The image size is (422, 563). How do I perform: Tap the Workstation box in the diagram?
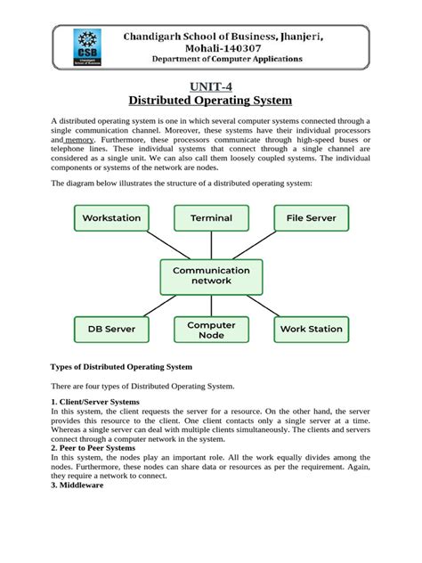[111, 217]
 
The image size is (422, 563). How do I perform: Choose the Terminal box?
[211, 217]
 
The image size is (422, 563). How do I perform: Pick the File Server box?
[312, 217]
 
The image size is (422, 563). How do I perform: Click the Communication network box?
[211, 275]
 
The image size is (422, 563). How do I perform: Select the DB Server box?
[111, 329]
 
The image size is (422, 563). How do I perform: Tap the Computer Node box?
[211, 329]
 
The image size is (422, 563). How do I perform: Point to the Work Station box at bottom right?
[311, 329]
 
